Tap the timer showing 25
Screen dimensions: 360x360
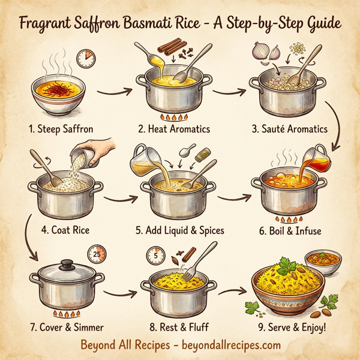click(x=95, y=253)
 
